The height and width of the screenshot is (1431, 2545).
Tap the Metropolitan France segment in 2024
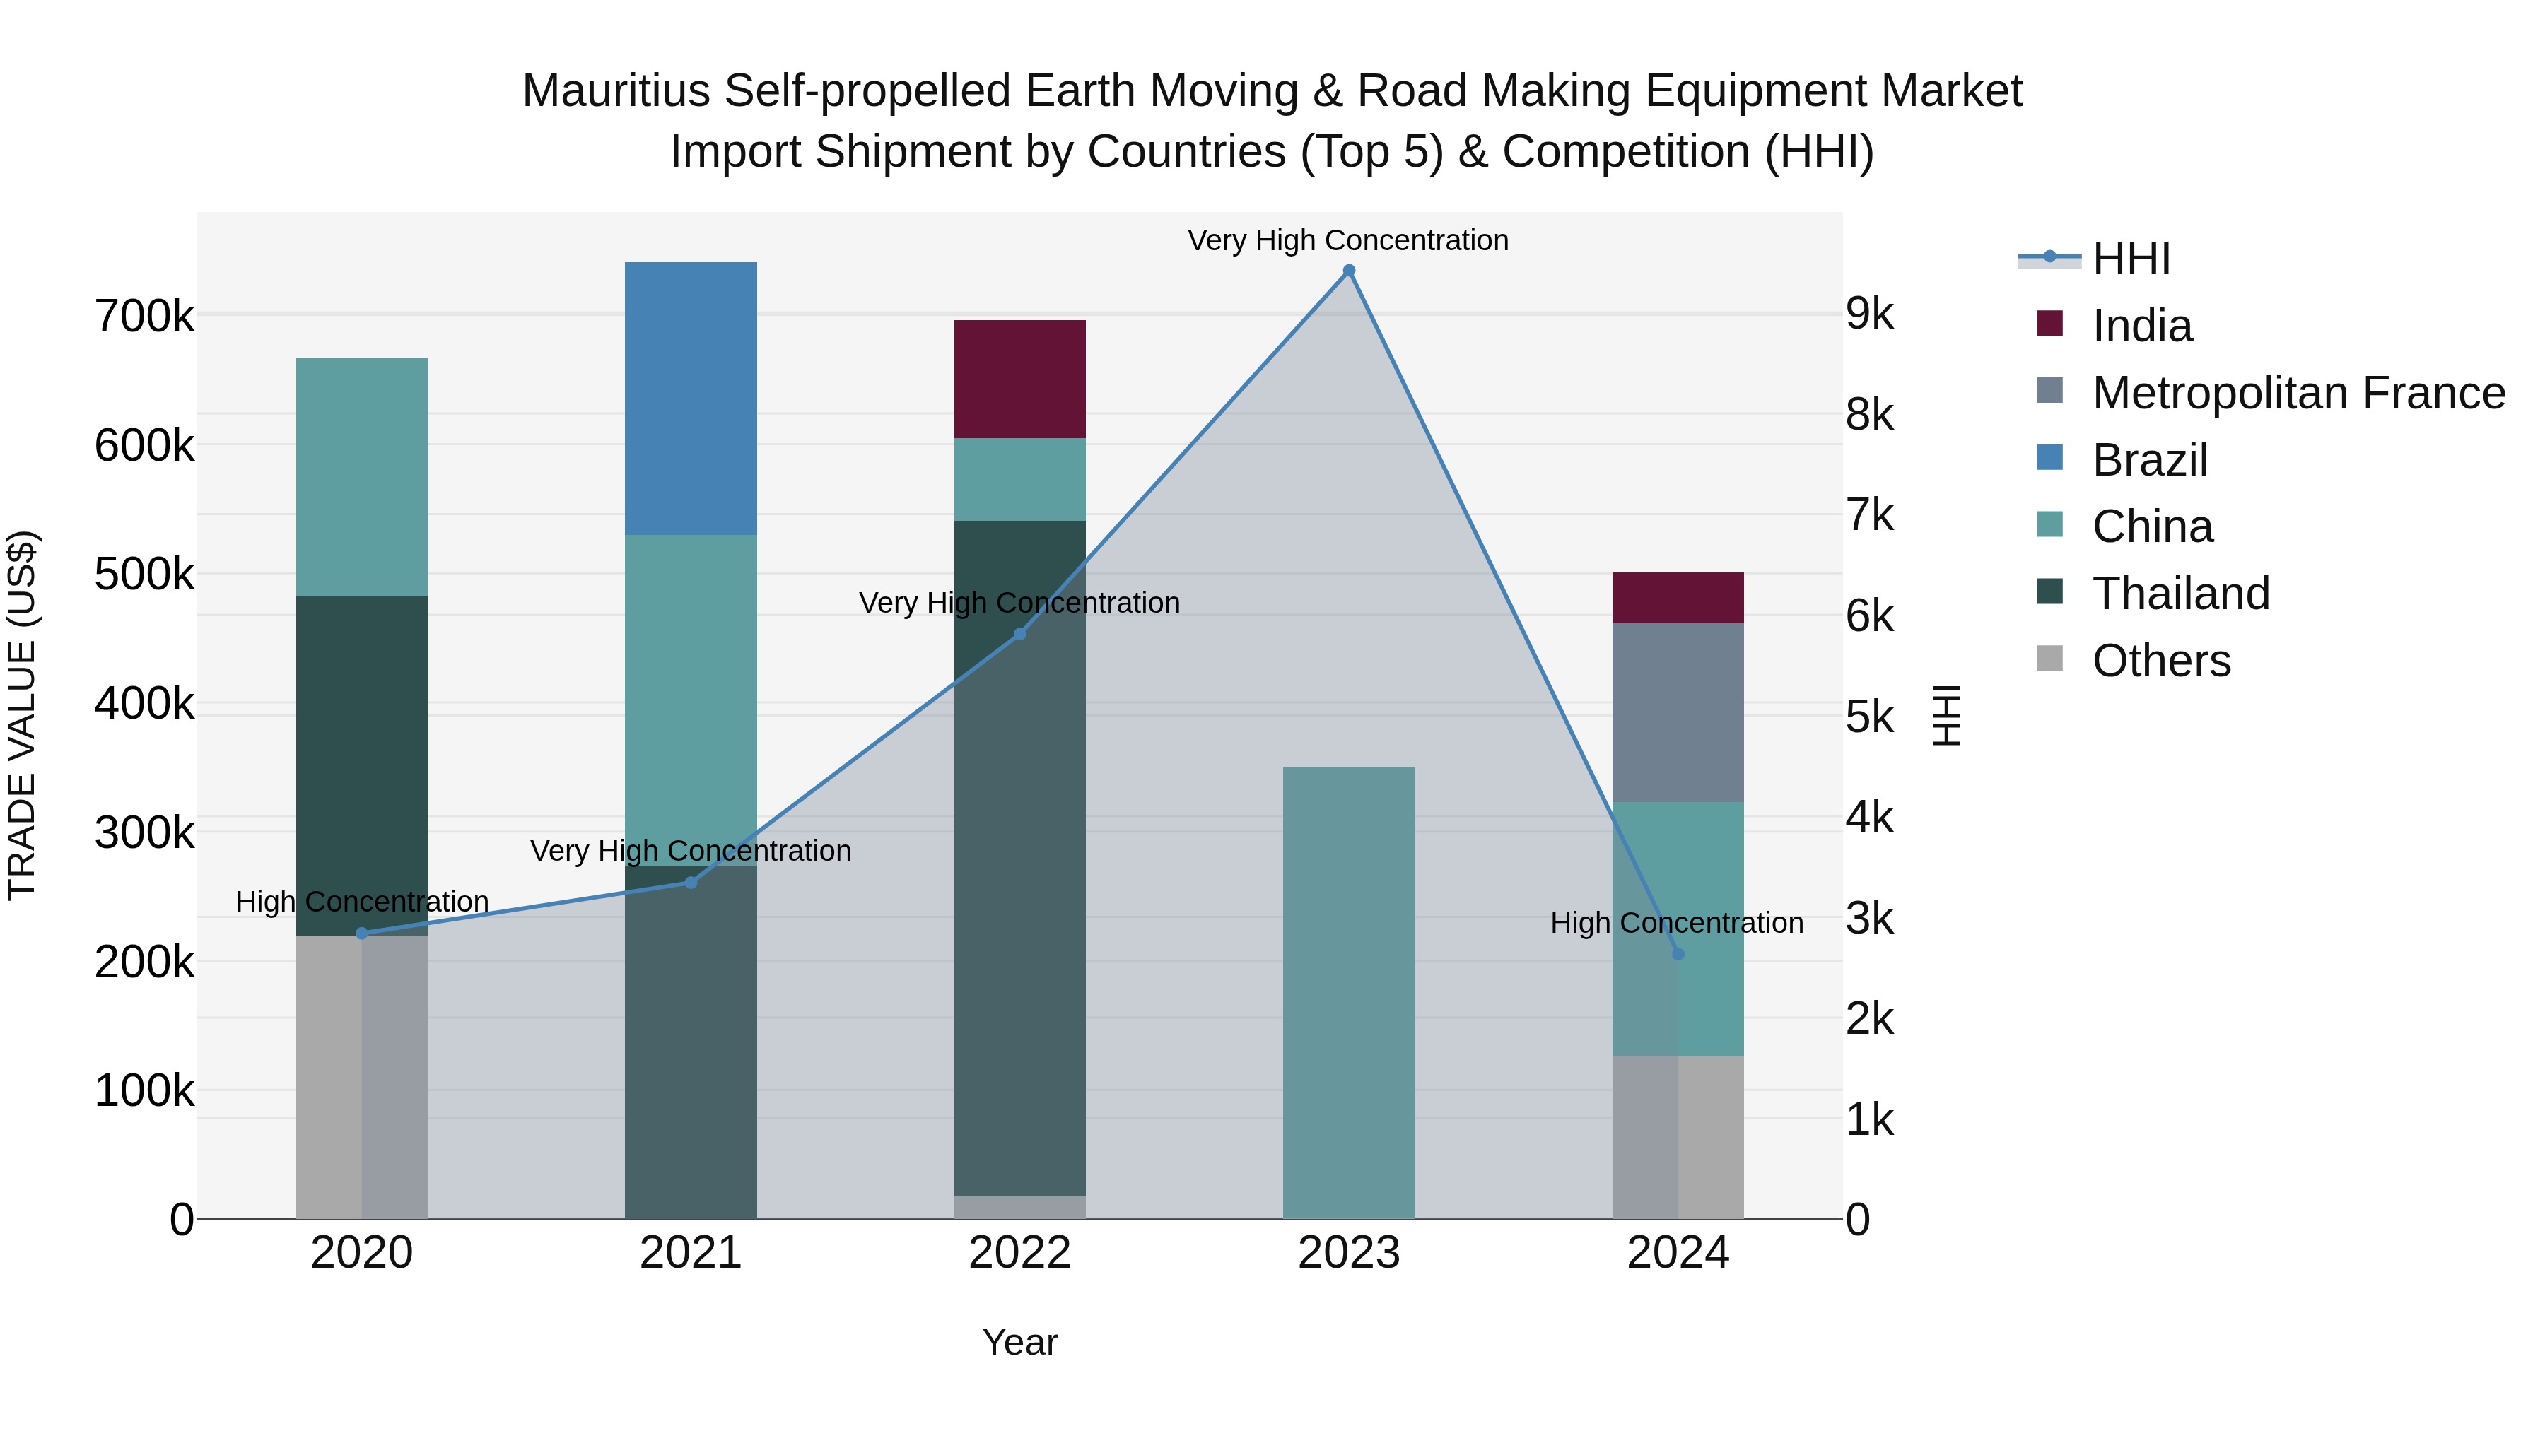[1678, 712]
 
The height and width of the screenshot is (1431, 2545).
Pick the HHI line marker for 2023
[1349, 271]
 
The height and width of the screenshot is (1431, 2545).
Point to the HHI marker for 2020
[361, 934]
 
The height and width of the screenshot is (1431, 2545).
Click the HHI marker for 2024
[1678, 954]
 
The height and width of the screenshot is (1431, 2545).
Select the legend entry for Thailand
[2180, 594]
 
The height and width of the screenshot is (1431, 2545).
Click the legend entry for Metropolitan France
[2298, 393]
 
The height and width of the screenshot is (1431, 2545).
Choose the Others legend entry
[2160, 661]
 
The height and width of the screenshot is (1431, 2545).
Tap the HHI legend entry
[2130, 259]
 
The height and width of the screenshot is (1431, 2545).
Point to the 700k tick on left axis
[144, 317]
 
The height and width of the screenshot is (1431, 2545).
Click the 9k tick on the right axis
[1869, 314]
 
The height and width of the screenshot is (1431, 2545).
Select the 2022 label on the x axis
[1019, 1253]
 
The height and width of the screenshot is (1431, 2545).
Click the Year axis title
[1019, 1342]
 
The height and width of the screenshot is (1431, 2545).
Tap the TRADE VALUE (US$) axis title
[22, 715]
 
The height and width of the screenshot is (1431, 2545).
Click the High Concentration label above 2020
[361, 902]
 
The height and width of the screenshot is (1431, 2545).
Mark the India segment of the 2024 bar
[1678, 597]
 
